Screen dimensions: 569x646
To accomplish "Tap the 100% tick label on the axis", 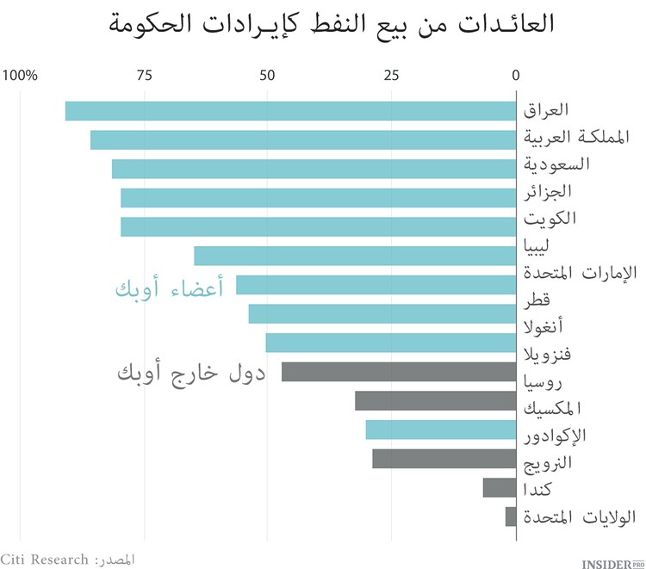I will (21, 76).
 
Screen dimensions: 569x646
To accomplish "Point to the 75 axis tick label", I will (144, 76).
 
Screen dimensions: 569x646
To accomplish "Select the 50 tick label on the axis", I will (268, 76).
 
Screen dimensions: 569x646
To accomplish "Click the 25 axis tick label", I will (392, 76).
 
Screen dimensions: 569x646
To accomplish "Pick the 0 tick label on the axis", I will (516, 76).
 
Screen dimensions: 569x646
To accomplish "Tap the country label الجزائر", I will (549, 190).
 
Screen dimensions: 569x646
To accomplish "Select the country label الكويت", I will (550, 218).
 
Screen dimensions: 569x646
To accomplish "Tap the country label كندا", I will (537, 490).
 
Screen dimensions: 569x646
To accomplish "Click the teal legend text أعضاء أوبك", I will (169, 289).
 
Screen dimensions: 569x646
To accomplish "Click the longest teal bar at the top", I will (290, 111).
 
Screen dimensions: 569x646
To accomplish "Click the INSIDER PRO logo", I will (613, 562).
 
